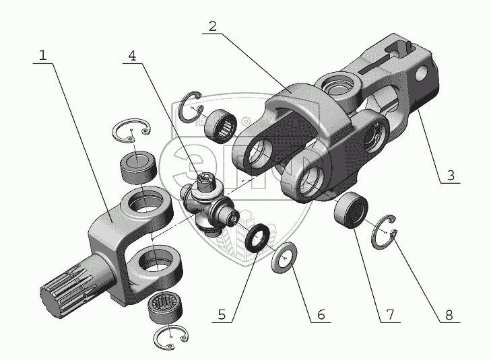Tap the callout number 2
click(213, 27)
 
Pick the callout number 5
click(222, 314)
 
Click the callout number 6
click(321, 314)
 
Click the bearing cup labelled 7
click(350, 210)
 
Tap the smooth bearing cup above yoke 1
click(138, 167)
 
